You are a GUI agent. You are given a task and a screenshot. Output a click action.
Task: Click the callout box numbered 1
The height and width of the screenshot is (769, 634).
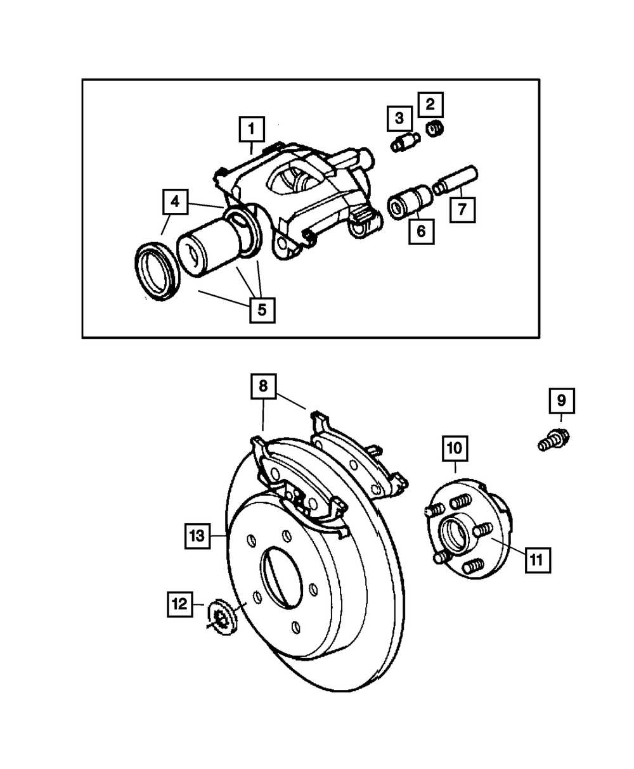point(252,130)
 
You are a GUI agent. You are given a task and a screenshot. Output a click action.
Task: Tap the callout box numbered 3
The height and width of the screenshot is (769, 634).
point(399,118)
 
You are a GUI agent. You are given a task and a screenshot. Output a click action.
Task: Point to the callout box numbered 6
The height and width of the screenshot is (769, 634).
point(422,231)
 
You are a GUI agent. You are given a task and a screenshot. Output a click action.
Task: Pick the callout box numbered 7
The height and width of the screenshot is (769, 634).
point(463,209)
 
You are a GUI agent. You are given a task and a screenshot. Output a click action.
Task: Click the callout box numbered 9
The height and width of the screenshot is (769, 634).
point(562,402)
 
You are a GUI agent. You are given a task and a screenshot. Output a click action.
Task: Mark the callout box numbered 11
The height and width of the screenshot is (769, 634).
point(537,559)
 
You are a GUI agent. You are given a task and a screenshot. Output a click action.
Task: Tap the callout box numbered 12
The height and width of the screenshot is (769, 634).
point(180,604)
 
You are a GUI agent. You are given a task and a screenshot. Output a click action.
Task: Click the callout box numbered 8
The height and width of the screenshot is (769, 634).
point(263,387)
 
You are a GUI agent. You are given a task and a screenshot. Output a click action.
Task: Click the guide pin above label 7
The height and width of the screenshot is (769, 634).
point(457,181)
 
